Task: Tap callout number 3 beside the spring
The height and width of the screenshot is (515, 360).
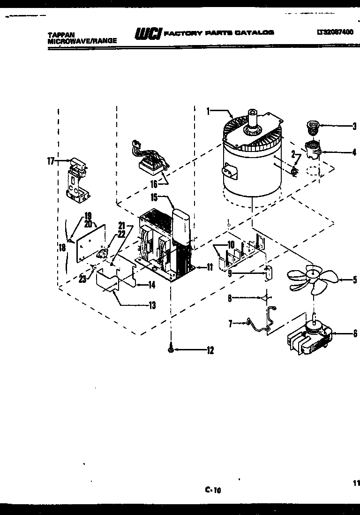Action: click(354, 126)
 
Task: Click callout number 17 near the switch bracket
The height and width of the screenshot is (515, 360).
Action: click(51, 161)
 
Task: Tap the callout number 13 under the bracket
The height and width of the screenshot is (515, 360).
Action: click(152, 306)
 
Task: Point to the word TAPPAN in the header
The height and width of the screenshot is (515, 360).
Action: click(58, 34)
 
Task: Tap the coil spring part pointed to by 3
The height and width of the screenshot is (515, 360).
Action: click(312, 126)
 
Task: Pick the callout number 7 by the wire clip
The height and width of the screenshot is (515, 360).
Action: click(230, 323)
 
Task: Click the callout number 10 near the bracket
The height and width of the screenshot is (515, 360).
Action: click(217, 244)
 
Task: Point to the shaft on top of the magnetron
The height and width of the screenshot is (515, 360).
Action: click(254, 117)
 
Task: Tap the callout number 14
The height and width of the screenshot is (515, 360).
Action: click(151, 285)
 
